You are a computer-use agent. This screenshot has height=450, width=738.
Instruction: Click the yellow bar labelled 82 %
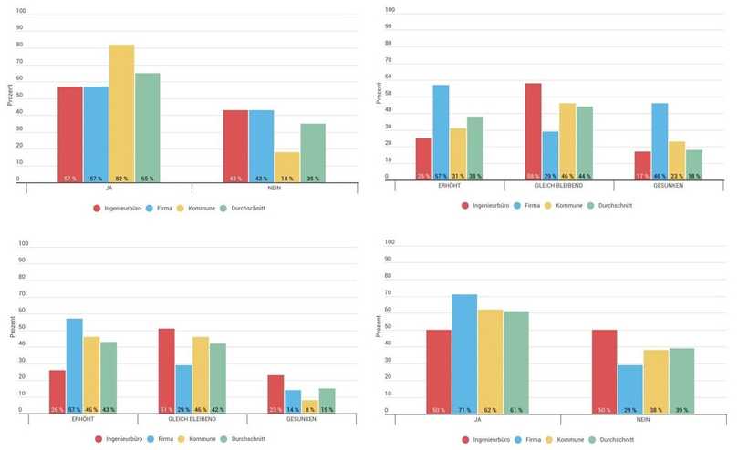point(121,114)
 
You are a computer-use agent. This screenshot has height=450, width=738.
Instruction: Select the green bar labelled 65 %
point(147,128)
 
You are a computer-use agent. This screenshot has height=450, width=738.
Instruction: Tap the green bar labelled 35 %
point(312,153)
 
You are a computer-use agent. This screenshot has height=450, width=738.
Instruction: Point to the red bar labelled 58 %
point(534,132)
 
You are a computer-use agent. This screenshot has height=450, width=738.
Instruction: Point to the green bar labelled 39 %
point(681,380)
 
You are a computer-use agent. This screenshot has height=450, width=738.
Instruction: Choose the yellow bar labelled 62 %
point(490,361)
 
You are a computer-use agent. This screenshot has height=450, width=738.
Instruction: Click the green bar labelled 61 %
point(515,362)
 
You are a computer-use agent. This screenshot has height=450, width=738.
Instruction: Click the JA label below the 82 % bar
point(109,187)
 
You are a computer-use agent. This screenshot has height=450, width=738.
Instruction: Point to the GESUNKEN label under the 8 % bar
point(301,419)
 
